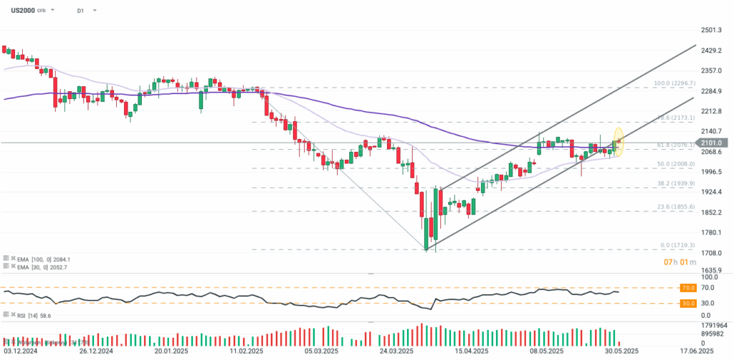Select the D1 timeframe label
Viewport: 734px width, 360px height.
click(79, 11)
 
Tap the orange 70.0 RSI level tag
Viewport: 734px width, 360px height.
click(687, 288)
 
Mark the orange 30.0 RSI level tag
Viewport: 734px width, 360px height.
click(687, 303)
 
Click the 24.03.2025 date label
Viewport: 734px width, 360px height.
click(397, 352)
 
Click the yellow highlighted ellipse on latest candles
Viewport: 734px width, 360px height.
click(619, 142)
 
